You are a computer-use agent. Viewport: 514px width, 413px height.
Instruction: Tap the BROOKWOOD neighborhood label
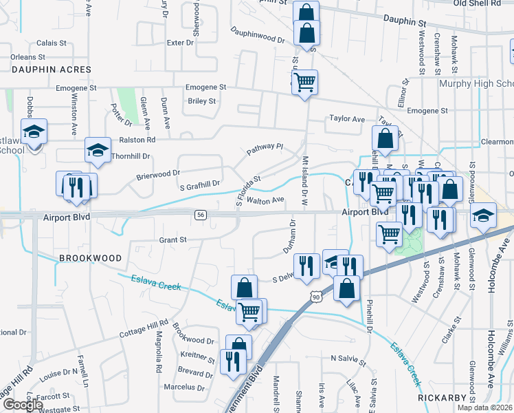(x=90, y=258)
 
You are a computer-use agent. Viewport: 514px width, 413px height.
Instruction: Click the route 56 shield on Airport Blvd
(x=200, y=215)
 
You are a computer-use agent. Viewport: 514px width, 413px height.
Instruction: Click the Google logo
(x=23, y=405)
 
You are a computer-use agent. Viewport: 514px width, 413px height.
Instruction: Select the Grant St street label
(x=173, y=240)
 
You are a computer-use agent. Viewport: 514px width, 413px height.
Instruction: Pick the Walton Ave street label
(x=265, y=200)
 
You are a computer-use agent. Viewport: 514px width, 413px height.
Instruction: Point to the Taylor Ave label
(x=347, y=118)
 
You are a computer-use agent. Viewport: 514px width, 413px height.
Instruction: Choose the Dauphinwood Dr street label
(x=258, y=35)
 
